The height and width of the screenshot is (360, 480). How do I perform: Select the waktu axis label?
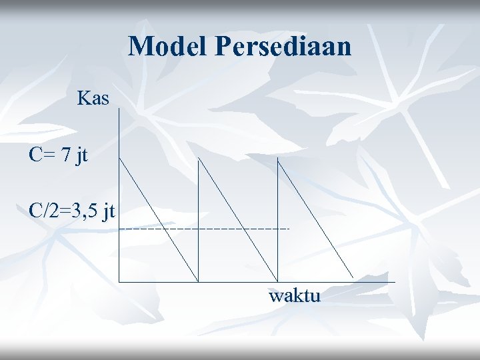pos(295,295)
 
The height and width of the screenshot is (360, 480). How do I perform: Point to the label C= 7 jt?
pos(59,155)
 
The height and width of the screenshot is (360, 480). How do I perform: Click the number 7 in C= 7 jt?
pos(65,155)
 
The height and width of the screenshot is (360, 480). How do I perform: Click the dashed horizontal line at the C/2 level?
pos(220,229)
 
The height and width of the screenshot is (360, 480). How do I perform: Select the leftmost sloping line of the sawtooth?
pos(159,219)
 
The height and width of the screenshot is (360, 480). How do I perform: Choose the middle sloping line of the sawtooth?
pos(238,219)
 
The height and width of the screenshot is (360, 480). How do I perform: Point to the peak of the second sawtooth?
pos(199,159)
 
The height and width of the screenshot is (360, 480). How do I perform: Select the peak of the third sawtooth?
pos(277,159)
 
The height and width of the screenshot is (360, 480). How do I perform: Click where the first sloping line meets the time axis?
pos(199,281)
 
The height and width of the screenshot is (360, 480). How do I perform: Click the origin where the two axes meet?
pos(119,281)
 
